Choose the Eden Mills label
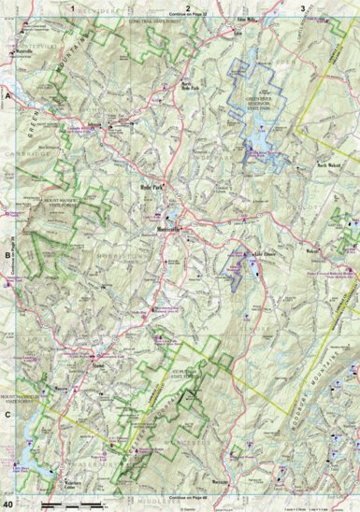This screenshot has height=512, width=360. (x=247, y=19)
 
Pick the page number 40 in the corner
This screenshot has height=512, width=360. (x=8, y=505)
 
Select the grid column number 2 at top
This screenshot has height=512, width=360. (x=188, y=7)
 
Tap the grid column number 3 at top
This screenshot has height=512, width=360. (x=301, y=7)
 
